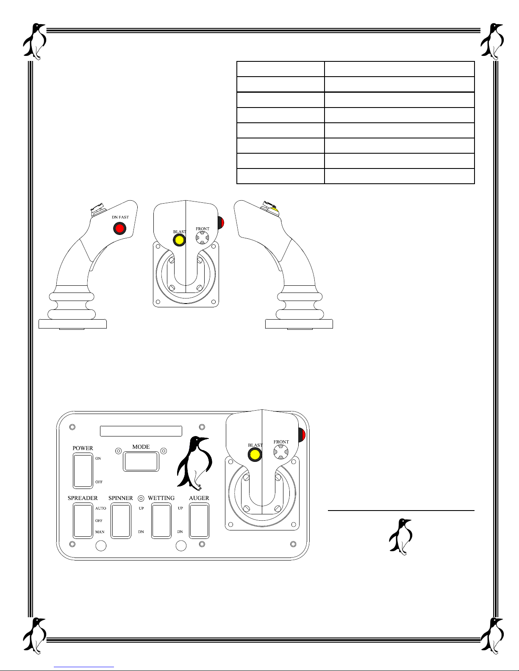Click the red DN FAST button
pyautogui.click(x=120, y=229)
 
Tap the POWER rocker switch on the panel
pyautogui.click(x=83, y=471)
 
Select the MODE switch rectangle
pyautogui.click(x=141, y=461)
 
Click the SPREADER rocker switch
pyautogui.click(x=83, y=521)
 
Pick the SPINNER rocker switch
pyautogui.click(x=121, y=521)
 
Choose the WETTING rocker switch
pyautogui.click(x=161, y=521)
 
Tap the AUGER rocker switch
pyautogui.click(x=199, y=521)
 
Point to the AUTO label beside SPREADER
pyautogui.click(x=100, y=508)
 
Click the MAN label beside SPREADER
pyautogui.click(x=100, y=532)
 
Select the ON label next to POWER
pyautogui.click(x=98, y=458)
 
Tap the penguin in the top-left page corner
pyautogui.click(x=34, y=41)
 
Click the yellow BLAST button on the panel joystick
pyautogui.click(x=255, y=455)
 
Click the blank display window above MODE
pyautogui.click(x=141, y=431)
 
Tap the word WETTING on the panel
pyautogui.click(x=161, y=498)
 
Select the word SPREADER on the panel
pyautogui.click(x=83, y=498)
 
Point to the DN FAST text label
pyautogui.click(x=120, y=217)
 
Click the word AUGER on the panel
pyautogui.click(x=199, y=498)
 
